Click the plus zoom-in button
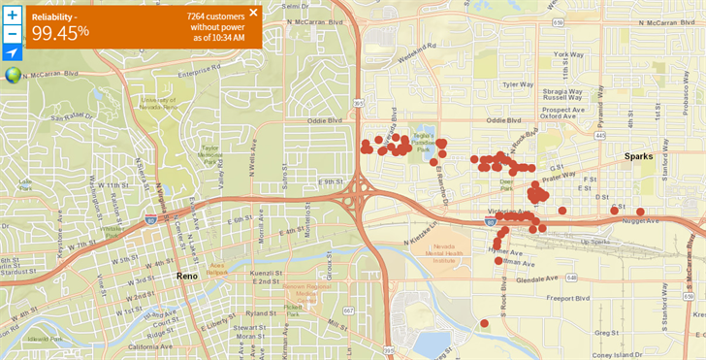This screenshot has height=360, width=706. pyautogui.click(x=12, y=16)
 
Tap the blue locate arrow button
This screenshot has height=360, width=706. pyautogui.click(x=12, y=51)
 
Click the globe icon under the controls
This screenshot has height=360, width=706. pyautogui.click(x=13, y=75)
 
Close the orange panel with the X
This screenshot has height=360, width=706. pyautogui.click(x=253, y=13)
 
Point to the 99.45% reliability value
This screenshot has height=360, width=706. pyautogui.click(x=60, y=32)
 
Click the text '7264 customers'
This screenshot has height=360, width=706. pyautogui.click(x=216, y=16)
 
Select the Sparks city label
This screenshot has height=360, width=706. pyautogui.click(x=638, y=155)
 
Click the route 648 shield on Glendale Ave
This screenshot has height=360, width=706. pyautogui.click(x=572, y=278)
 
